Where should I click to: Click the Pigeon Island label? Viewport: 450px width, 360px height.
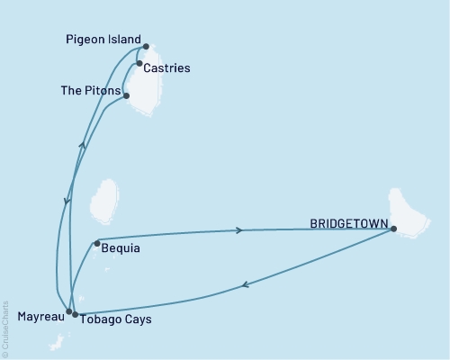point(103,40)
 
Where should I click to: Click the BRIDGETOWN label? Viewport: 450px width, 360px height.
point(348,224)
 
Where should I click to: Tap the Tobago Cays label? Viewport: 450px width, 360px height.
point(115,319)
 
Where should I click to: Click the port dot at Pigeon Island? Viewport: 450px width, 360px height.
point(146,47)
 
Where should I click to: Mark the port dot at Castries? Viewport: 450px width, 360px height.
point(139,64)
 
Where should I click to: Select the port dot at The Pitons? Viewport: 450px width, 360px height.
point(126,95)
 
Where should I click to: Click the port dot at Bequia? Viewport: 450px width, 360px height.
point(96,242)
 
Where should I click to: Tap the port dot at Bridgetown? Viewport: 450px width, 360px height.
point(394,229)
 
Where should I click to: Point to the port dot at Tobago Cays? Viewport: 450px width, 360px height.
point(75,314)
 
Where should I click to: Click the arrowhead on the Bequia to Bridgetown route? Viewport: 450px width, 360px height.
point(238,230)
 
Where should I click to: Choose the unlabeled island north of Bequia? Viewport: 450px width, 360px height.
point(104,202)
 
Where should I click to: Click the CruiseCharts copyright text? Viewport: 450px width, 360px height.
point(6,328)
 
